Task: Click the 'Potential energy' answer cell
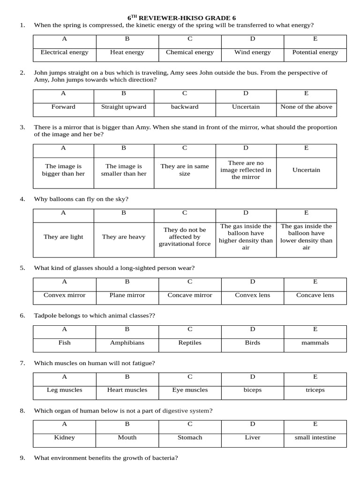[315, 52]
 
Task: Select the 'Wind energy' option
[252, 52]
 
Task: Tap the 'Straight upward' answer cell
[124, 107]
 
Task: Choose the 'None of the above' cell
[306, 107]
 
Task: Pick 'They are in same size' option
[185, 170]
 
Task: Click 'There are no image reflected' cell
[246, 170]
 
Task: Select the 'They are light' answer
[63, 237]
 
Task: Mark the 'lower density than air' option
[306, 237]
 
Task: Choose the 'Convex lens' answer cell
[252, 295]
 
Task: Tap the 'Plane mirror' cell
[127, 295]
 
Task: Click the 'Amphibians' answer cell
[127, 343]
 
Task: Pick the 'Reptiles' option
[190, 343]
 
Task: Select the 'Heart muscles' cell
[127, 390]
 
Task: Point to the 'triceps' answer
[315, 390]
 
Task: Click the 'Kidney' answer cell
[64, 437]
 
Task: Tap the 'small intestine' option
[315, 437]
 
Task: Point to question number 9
[22, 458]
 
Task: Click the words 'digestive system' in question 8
[186, 411]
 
